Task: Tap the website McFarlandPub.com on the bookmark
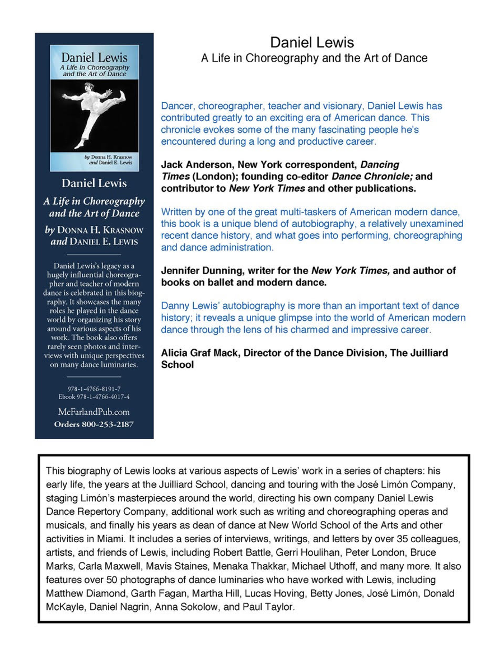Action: [x=94, y=412]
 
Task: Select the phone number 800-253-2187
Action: [x=106, y=424]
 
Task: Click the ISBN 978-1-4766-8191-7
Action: [x=94, y=389]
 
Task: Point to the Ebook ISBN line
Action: [x=94, y=396]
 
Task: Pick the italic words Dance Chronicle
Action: [x=368, y=177]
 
